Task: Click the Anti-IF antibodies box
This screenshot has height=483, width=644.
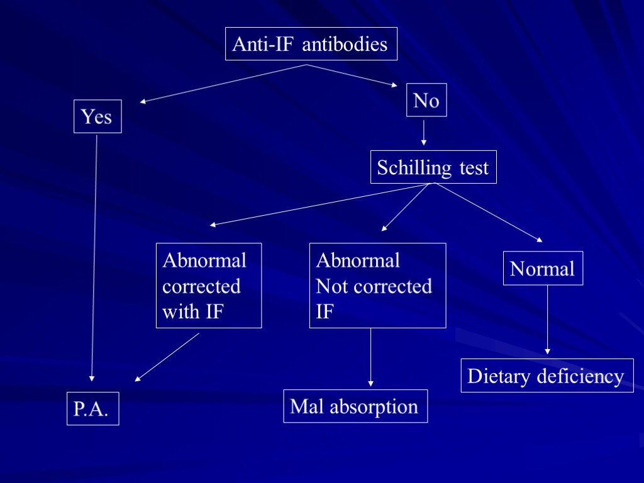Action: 311,44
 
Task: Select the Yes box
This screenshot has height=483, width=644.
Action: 97,116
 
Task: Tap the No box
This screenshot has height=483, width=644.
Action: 426,100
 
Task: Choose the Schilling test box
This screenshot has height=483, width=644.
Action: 433,167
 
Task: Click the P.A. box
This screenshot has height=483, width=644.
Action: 92,409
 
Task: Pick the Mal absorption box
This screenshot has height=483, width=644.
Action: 355,406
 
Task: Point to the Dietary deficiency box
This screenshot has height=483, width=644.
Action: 547,376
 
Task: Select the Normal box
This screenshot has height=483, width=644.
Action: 543,269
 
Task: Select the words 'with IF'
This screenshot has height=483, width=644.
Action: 192,311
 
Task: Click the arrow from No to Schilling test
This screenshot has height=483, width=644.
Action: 424,133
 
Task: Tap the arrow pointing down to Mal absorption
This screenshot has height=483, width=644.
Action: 370,356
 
